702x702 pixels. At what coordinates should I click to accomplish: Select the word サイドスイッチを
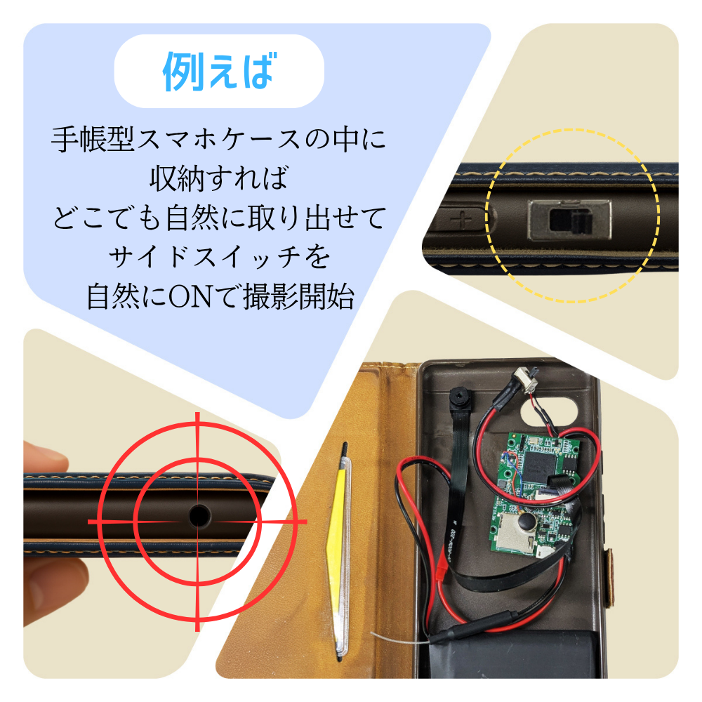coord(218,258)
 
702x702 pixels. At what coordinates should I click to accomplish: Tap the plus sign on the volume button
coord(463,220)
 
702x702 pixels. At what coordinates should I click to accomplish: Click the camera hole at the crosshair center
coord(199,516)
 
